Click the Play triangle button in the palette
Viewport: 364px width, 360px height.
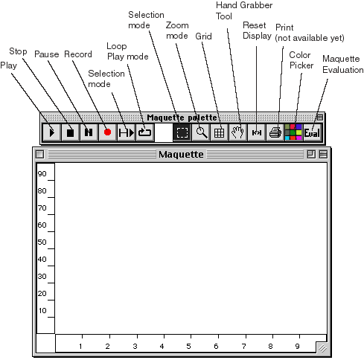coord(51,132)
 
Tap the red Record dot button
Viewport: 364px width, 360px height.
coord(107,132)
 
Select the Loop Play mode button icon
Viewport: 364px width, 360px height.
coord(144,132)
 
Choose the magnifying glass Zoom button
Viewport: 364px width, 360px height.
coord(200,132)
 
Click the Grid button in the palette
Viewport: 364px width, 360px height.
coord(219,132)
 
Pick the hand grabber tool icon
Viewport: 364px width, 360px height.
coord(237,132)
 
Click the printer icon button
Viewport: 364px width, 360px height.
coord(275,132)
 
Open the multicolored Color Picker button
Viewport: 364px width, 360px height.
coord(293,132)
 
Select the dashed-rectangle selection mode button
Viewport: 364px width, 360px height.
coord(182,132)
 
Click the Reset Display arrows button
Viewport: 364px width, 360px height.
coord(256,132)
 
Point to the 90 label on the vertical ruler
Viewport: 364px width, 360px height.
coord(42,173)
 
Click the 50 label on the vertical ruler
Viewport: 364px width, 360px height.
coord(42,242)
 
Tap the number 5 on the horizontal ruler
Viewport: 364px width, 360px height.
coord(188,346)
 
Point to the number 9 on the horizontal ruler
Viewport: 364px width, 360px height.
coord(297,346)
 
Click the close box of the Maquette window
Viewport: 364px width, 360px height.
coord(39,154)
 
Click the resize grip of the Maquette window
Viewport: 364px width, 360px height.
coord(322,348)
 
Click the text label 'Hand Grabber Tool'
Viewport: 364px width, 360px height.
coord(244,10)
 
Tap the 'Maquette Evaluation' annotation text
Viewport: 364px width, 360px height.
coord(343,64)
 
